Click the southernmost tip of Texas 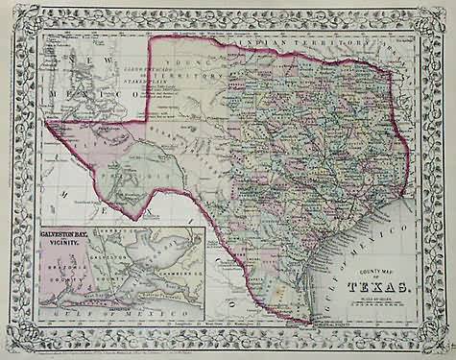click(309, 322)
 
